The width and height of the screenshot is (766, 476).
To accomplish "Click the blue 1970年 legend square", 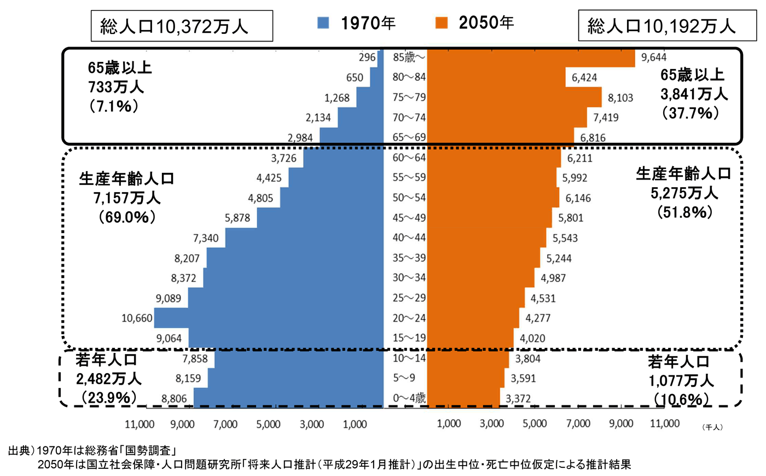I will [x=323, y=22].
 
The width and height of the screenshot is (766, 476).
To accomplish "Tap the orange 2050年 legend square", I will [x=441, y=22].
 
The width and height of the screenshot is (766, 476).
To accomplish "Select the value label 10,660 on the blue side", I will [x=137, y=318].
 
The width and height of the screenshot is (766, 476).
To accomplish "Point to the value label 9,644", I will [x=654, y=57].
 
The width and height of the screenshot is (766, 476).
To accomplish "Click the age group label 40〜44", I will [x=409, y=237].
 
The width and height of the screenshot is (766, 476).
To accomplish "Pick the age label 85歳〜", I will [x=409, y=57].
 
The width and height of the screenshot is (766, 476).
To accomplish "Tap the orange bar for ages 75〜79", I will [x=514, y=97].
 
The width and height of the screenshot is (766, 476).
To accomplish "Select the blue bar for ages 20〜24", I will [x=268, y=318].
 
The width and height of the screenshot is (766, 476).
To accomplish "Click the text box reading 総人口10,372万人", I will [x=182, y=26].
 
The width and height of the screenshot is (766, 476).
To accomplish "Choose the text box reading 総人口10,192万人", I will [x=667, y=26].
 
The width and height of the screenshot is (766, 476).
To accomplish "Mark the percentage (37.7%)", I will [x=690, y=113].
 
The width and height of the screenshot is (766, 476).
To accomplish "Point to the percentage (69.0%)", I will [x=127, y=217].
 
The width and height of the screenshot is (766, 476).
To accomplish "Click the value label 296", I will [x=367, y=57].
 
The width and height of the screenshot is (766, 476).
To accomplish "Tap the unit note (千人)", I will [x=712, y=427].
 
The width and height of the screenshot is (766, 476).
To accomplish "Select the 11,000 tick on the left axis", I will [x=140, y=424].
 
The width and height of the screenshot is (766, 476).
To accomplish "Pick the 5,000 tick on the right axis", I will [x=535, y=424].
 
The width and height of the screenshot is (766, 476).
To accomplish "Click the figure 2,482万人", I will [x=108, y=379].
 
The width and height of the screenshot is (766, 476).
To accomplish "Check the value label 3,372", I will [x=518, y=398].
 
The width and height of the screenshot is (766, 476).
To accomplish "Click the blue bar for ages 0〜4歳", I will [x=288, y=398].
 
